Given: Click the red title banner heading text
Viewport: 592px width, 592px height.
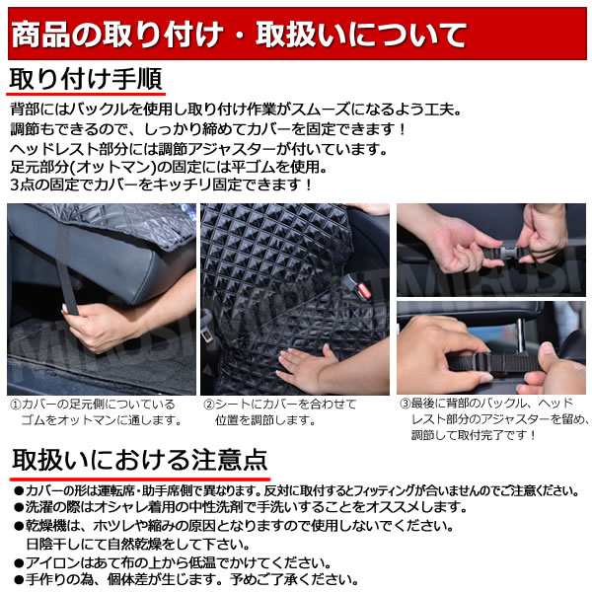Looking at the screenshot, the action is coord(239,35).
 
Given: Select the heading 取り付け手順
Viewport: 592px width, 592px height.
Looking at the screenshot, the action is coord(86,79).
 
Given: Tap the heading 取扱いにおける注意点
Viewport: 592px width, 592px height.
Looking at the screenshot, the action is coord(140,460).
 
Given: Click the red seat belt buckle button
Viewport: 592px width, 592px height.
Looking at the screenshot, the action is coord(364,290).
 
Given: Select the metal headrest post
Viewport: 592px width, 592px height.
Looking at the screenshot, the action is coord(520,337).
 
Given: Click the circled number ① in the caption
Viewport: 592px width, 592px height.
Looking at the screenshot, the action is coord(16,405).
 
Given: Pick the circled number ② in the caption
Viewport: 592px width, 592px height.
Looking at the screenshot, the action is coord(209,405).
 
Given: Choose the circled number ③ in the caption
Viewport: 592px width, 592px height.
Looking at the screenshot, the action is coord(406,404).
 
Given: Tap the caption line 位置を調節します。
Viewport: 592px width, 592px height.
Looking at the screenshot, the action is coord(265,420).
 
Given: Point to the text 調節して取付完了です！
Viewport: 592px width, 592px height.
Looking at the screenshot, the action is coord(474,435).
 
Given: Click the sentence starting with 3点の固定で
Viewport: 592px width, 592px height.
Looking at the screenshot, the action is coord(162,185).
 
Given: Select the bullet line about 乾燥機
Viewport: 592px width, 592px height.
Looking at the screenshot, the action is coord(234,525).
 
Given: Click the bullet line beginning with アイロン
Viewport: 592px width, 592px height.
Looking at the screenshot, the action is coord(173,563).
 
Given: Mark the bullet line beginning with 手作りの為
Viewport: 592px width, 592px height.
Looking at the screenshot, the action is coord(186,579).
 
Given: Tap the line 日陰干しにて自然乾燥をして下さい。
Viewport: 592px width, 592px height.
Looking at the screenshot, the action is coord(138,544).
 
